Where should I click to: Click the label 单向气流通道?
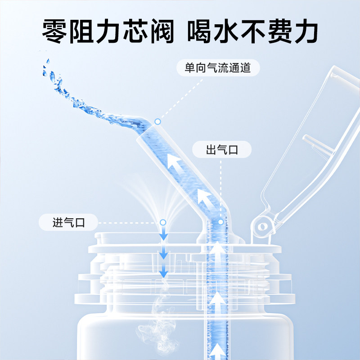pyautogui.click(x=217, y=68)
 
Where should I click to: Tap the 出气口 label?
pyautogui.click(x=222, y=150)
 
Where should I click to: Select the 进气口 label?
pyautogui.click(x=68, y=222)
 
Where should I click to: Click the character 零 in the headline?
pyautogui.click(x=57, y=31)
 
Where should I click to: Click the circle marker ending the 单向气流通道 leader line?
pyautogui.click(x=157, y=121)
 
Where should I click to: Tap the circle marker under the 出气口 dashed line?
pyautogui.click(x=221, y=222)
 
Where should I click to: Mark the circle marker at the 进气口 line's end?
pyautogui.click(x=163, y=222)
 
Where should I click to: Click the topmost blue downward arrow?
pyautogui.click(x=163, y=234)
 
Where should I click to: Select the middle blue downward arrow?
pyautogui.click(x=163, y=253)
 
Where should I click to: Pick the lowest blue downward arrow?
pyautogui.click(x=163, y=271)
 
